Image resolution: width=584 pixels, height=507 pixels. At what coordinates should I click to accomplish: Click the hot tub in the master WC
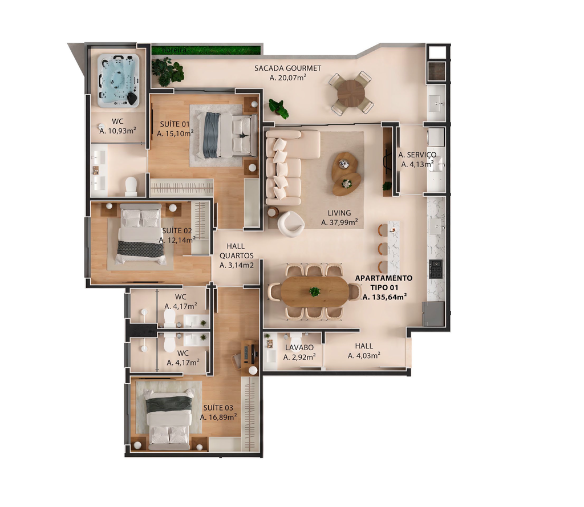coord(119,80)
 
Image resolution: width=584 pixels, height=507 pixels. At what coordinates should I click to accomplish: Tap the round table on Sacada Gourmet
coord(351,92)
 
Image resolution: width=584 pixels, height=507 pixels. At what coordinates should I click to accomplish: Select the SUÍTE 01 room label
coord(175,124)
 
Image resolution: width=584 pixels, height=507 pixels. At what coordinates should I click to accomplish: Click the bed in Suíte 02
coord(140,234)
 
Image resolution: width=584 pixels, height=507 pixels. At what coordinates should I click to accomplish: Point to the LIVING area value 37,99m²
coord(339,222)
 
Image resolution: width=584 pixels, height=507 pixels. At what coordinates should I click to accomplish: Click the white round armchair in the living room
coord(290,224)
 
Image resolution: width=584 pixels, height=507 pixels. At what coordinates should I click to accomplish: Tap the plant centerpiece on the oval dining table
coord(315,291)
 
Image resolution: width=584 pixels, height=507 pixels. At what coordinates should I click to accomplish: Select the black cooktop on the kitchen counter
coord(436,269)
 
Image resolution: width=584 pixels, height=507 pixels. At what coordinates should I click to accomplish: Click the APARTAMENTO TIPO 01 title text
coord(384,283)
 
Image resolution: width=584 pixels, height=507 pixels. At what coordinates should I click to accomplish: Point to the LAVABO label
coord(299,347)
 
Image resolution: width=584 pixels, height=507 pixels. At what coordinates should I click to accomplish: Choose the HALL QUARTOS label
coord(237,251)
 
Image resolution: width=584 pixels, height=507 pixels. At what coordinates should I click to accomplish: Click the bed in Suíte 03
coord(170,419)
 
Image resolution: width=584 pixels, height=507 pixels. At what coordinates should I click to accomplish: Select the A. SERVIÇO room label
coord(417,155)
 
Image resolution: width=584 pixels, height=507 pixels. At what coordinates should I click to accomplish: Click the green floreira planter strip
coord(205,50)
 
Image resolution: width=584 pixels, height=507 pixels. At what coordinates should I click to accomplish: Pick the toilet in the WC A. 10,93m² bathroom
coord(131,186)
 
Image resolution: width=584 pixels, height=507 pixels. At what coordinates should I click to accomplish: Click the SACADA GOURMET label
coord(287,68)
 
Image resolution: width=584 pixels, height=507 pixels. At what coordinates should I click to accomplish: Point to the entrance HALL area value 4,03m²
coord(364,356)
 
